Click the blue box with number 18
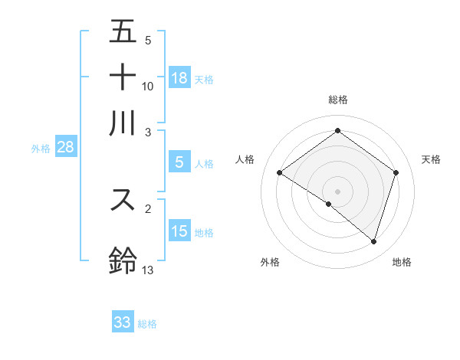pyautogui.click(x=179, y=77)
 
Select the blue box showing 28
pyautogui.click(x=65, y=147)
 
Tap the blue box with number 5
pyautogui.click(x=179, y=162)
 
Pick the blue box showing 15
pyautogui.click(x=179, y=231)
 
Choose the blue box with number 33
pyautogui.click(x=123, y=322)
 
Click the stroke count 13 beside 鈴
pyautogui.click(x=148, y=270)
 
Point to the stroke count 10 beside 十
pyautogui.click(x=148, y=86)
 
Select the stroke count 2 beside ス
pyautogui.click(x=148, y=208)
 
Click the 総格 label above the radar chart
pyautogui.click(x=338, y=100)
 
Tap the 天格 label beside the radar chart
pyautogui.click(x=431, y=159)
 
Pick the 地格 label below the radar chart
pyautogui.click(x=402, y=262)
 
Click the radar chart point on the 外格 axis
pyautogui.click(x=329, y=204)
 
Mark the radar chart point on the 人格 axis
pyautogui.click(x=280, y=173)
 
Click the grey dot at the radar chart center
pyautogui.click(x=338, y=191)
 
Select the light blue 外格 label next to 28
pyautogui.click(x=41, y=149)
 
